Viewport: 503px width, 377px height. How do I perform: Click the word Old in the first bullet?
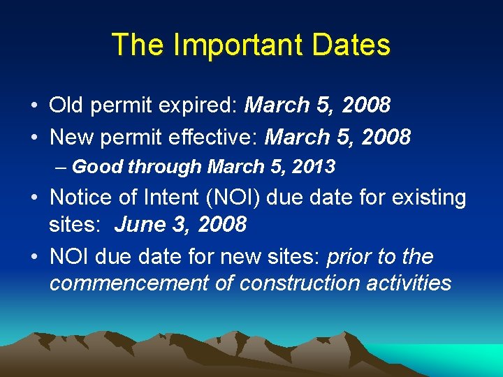pos(66,105)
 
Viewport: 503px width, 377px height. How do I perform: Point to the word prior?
pos(349,257)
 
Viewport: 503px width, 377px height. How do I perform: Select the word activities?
pos(407,283)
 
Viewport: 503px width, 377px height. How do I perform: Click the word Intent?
pos(167,198)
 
